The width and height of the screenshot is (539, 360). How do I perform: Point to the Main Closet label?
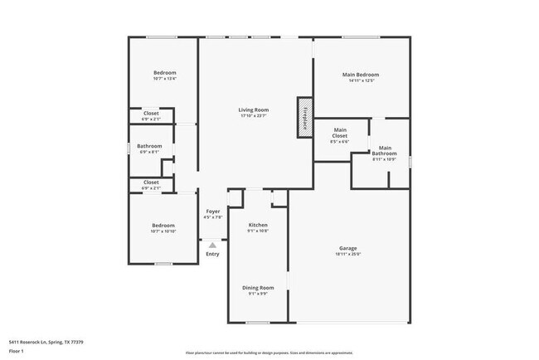pyautogui.click(x=340, y=133)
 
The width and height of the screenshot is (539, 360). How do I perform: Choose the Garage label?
pyautogui.click(x=348, y=248)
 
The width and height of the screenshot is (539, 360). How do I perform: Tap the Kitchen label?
pyautogui.click(x=258, y=225)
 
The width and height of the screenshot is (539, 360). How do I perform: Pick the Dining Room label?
pyautogui.click(x=258, y=288)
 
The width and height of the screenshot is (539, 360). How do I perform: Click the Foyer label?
pyautogui.click(x=213, y=212)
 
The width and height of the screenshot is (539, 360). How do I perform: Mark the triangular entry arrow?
pyautogui.click(x=213, y=246)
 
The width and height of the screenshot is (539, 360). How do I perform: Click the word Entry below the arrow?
pyautogui.click(x=213, y=254)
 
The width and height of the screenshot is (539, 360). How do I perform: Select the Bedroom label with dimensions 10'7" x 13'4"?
pyautogui.click(x=164, y=73)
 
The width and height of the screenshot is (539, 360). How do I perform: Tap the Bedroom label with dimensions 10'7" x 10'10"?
pyautogui.click(x=163, y=226)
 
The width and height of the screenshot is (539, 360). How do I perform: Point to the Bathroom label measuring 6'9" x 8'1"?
pyautogui.click(x=151, y=146)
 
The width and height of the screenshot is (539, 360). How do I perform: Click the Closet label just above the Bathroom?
pyautogui.click(x=151, y=113)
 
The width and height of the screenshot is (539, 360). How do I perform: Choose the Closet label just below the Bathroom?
pyautogui.click(x=151, y=182)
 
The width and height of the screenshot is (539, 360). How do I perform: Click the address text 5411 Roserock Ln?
pyautogui.click(x=46, y=342)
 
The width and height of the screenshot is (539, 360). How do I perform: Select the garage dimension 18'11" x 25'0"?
pyautogui.click(x=348, y=254)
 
